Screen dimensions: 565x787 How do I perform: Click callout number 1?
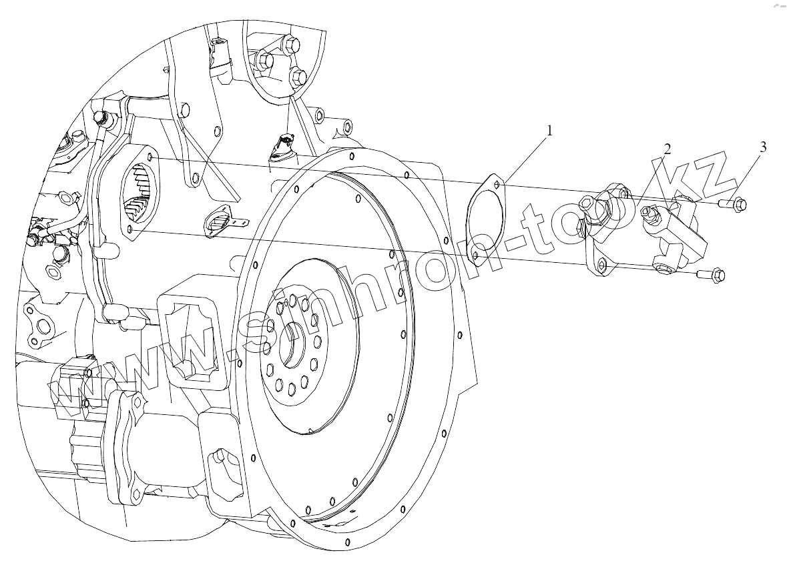click(550, 131)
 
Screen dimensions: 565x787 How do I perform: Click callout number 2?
click(666, 149)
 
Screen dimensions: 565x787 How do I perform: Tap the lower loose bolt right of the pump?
click(712, 273)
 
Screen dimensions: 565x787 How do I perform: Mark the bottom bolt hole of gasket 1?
click(475, 255)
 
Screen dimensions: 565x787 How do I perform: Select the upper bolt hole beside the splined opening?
click(150, 157)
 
